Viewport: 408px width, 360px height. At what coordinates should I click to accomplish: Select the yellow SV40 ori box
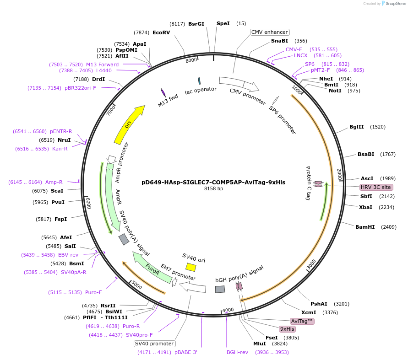[191, 267]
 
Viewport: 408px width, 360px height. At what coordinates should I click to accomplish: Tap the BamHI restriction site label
[365, 226]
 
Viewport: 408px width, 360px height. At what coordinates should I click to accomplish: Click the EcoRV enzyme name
[161, 32]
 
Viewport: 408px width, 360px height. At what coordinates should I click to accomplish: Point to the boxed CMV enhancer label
[270, 32]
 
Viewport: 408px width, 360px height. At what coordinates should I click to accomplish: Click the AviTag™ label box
[302, 321]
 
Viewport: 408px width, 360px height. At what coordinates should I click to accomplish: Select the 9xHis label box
[287, 329]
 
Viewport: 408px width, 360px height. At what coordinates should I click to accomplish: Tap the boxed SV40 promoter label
[155, 344]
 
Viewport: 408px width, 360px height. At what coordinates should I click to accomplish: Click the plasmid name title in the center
[213, 182]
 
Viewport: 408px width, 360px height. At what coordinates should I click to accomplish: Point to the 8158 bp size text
[213, 188]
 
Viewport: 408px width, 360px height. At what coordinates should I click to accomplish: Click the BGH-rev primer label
[237, 352]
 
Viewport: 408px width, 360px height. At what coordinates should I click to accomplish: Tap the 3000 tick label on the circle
[311, 264]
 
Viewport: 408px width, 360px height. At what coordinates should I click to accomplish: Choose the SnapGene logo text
[396, 4]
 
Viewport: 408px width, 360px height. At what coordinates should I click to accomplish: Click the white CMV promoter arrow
[239, 84]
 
